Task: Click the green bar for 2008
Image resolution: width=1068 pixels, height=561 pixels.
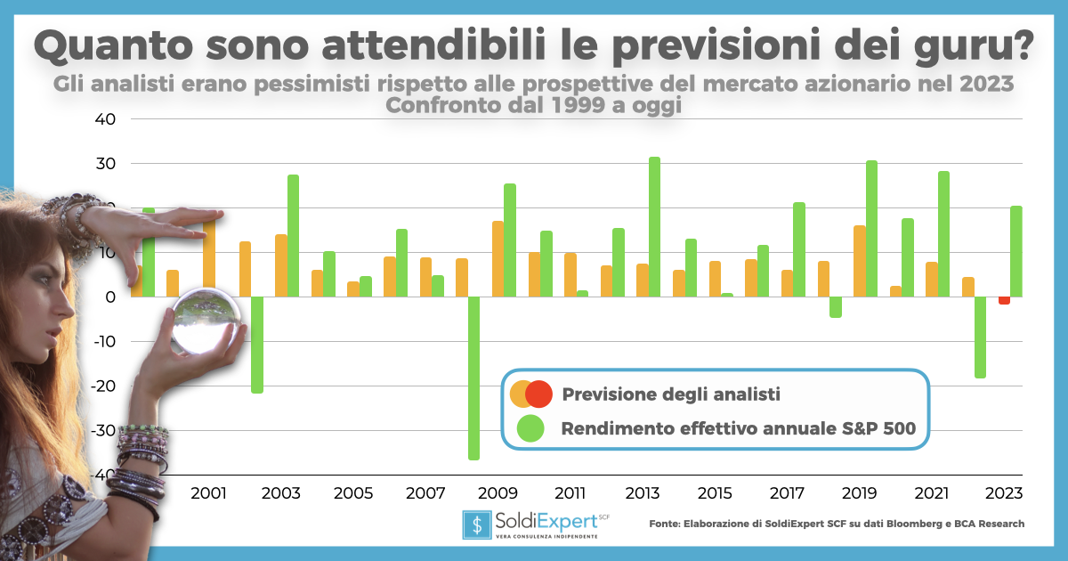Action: pyautogui.click(x=473, y=378)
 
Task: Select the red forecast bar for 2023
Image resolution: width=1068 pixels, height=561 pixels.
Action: pyautogui.click(x=1004, y=301)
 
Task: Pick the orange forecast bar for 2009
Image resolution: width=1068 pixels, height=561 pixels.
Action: pyautogui.click(x=498, y=259)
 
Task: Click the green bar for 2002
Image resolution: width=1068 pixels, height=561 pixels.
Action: pyautogui.click(x=256, y=345)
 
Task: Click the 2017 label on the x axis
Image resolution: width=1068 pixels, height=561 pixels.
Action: pyautogui.click(x=787, y=492)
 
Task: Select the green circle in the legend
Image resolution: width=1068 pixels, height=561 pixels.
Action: pyautogui.click(x=530, y=428)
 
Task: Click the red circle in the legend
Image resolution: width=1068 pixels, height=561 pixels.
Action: pyautogui.click(x=538, y=393)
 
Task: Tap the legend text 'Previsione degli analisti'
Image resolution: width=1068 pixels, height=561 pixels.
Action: pyautogui.click(x=670, y=394)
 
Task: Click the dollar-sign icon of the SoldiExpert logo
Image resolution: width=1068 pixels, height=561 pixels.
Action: pyautogui.click(x=476, y=524)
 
